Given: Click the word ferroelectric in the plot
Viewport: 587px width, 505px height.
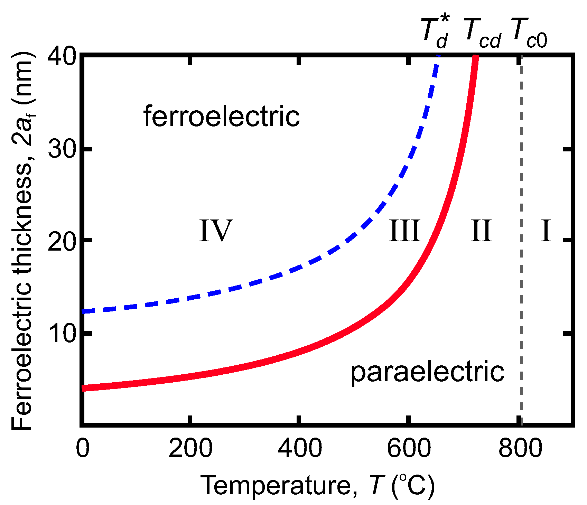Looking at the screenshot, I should click(222, 117).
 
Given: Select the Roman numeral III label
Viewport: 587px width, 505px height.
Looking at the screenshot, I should click(404, 231).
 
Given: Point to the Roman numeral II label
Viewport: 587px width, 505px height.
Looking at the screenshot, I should click(481, 231).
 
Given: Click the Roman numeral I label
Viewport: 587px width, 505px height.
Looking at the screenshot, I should click(546, 231).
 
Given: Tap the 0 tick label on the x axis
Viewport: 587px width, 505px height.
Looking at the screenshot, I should click(83, 448).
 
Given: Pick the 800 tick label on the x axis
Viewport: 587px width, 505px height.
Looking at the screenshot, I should click(520, 448).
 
